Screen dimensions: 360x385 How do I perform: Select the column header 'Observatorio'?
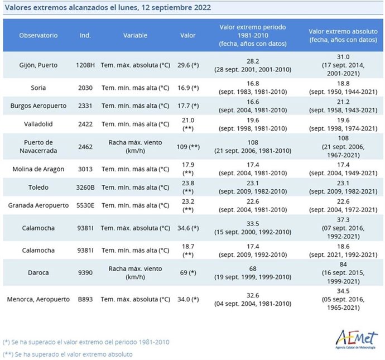[38, 35]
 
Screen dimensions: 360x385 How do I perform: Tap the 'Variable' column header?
[136, 35]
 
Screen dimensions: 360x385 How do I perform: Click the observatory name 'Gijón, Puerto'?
[38, 65]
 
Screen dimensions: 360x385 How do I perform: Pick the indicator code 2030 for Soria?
[85, 88]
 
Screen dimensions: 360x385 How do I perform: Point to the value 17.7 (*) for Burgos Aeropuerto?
[188, 105]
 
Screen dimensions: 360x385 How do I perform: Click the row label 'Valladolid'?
[38, 124]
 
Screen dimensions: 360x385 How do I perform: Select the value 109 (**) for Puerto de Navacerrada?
[188, 146]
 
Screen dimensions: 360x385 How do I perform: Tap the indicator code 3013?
[85, 169]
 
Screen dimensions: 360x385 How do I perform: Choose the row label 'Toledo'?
[38, 187]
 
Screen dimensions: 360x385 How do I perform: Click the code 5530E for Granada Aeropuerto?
[85, 205]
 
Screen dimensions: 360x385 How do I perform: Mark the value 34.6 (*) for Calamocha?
[188, 228]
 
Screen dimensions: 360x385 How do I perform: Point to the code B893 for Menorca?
[85, 299]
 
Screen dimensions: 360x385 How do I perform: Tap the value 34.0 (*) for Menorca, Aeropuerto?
[188, 299]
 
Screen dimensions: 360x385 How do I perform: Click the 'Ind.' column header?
[85, 35]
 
